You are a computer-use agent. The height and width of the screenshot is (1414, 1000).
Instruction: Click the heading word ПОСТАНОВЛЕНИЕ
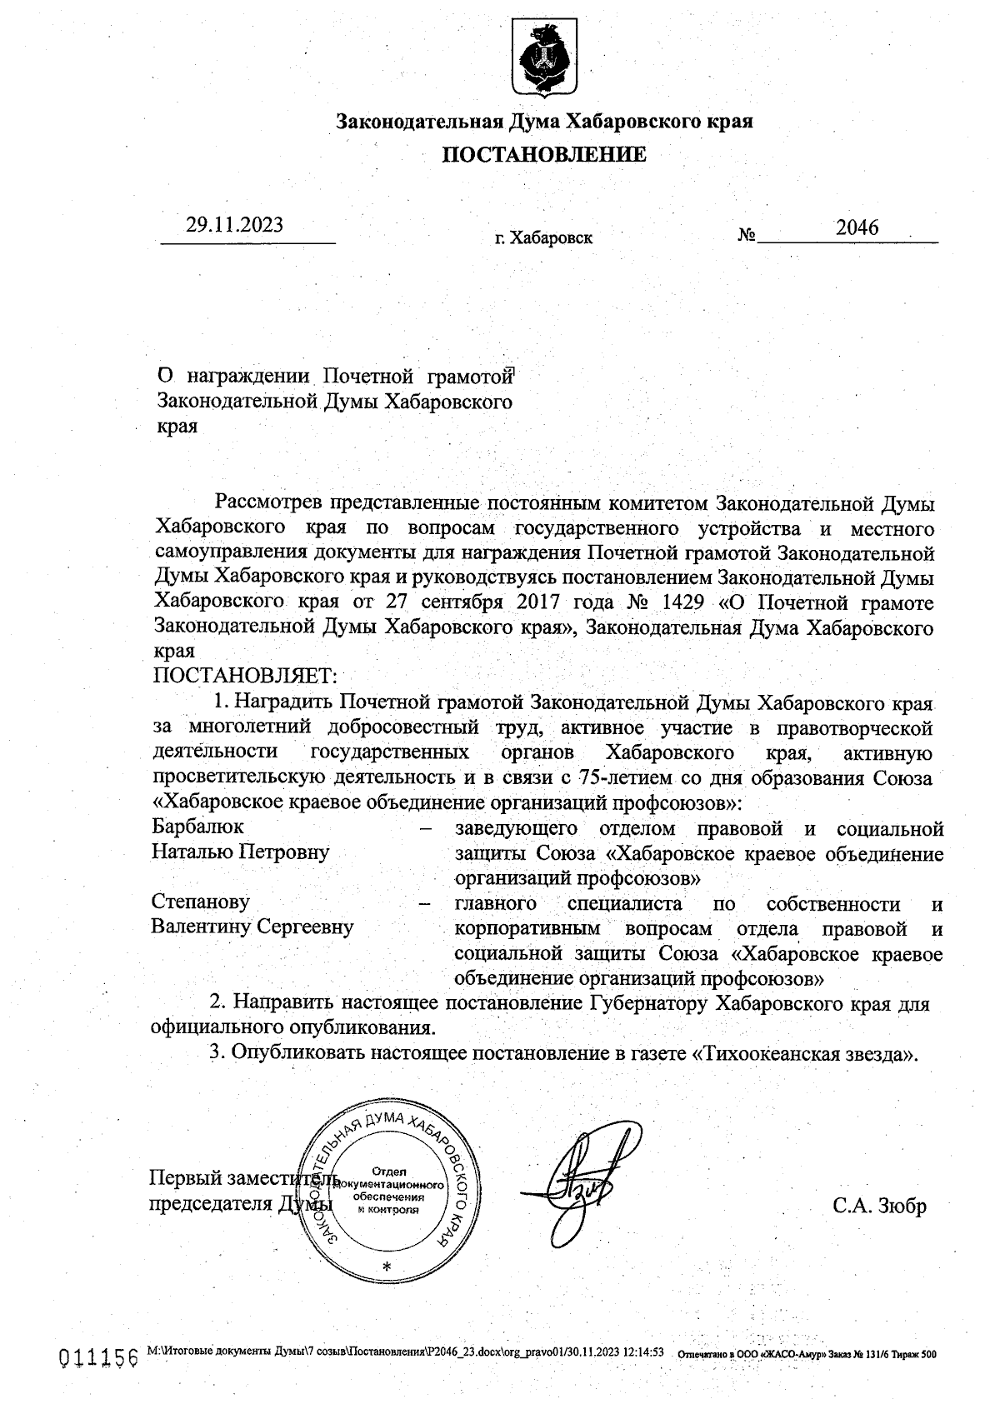coord(543,155)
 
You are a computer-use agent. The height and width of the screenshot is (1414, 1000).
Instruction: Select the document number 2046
coord(857,227)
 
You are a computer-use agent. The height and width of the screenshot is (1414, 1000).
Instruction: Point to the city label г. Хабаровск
coord(543,238)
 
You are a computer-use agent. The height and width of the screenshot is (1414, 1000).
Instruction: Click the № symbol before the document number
coord(746,236)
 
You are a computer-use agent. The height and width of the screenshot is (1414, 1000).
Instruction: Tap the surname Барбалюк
coord(197,827)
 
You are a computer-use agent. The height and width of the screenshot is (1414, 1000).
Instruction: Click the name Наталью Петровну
coord(240,852)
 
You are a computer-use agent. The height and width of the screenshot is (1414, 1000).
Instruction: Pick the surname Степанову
coord(200,902)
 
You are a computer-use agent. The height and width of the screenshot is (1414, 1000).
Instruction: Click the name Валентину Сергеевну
coord(252,927)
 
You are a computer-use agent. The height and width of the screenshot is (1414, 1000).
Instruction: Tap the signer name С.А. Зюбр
coord(879,1207)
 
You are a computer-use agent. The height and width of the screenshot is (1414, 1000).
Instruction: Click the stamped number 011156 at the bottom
coord(97,1359)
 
